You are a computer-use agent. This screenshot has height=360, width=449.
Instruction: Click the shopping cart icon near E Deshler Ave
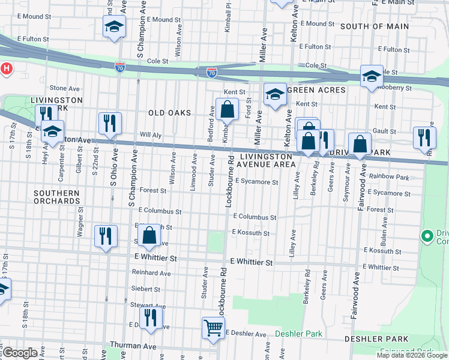click(x=213, y=328)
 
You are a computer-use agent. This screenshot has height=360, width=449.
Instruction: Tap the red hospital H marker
click(x=6, y=69)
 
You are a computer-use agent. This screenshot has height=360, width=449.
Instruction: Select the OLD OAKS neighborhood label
click(x=170, y=113)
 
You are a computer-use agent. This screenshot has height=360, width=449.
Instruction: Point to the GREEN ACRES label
click(x=316, y=90)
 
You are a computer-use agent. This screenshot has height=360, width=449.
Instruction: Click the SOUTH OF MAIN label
click(x=374, y=26)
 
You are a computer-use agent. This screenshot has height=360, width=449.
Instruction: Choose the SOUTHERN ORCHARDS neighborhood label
click(x=56, y=197)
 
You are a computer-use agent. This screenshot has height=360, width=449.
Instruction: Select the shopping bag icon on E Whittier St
click(x=149, y=235)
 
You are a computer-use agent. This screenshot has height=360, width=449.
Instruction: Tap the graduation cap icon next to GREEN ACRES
click(x=275, y=94)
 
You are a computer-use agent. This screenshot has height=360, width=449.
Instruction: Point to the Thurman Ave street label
click(x=133, y=346)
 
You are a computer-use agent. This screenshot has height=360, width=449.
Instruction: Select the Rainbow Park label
click(x=388, y=176)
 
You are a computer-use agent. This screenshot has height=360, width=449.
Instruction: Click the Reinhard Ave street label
click(x=151, y=273)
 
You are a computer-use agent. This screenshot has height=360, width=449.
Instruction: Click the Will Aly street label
click(x=150, y=136)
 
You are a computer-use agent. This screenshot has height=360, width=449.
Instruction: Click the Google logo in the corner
click(x=20, y=353)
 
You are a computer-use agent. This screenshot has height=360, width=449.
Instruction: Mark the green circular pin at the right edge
click(x=428, y=236)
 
